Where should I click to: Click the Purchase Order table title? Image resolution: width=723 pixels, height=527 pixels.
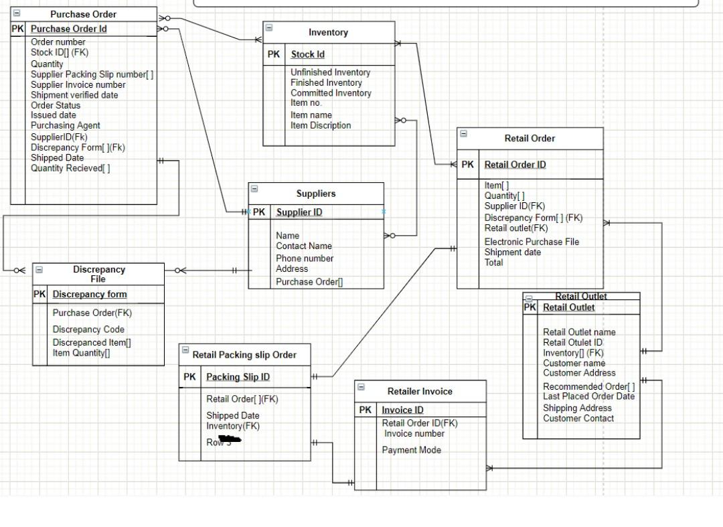tap(83, 14)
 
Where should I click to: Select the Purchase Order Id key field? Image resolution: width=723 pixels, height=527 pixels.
tap(68, 29)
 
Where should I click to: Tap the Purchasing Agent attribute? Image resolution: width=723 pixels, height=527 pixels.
tap(66, 125)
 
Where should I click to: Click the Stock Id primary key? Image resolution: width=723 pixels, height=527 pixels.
tap(307, 54)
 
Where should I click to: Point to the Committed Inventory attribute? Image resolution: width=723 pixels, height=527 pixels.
tap(331, 93)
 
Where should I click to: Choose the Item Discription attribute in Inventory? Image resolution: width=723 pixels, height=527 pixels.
tap(321, 125)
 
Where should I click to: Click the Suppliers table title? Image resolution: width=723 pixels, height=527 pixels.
tap(316, 194)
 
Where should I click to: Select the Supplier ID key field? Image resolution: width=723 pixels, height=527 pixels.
tap(299, 212)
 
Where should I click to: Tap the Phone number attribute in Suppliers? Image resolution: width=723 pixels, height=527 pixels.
tap(305, 258)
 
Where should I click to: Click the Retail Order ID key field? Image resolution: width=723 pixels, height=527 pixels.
tap(515, 165)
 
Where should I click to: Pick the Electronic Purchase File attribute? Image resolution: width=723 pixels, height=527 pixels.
tap(532, 242)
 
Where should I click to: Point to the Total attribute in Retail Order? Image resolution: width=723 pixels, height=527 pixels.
tap(493, 262)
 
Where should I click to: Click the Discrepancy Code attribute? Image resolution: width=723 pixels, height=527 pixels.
tap(88, 329)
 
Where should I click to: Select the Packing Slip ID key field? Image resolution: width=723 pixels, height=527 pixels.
tap(238, 377)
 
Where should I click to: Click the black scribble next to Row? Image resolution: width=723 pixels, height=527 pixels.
tap(232, 440)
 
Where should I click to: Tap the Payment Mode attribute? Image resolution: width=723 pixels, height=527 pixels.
tap(411, 450)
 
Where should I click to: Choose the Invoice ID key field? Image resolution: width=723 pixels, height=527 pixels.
tap(402, 410)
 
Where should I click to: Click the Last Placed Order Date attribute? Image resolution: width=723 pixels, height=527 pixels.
tap(588, 396)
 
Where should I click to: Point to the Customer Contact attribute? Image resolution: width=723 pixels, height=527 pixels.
tap(578, 419)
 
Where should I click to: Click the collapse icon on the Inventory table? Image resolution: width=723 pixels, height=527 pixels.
tap(269, 28)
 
